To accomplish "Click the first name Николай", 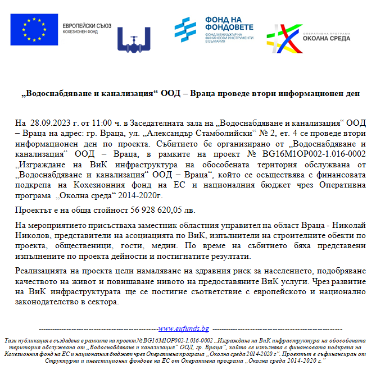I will point(348,225).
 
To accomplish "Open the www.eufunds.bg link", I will point(184,328).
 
